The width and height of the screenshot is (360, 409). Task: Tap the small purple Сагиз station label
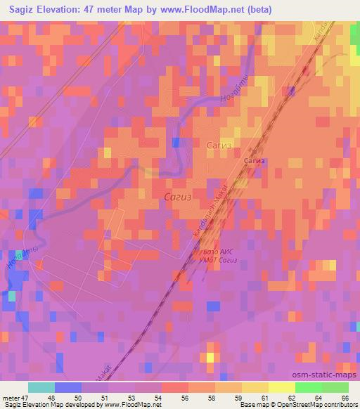tap(255, 161)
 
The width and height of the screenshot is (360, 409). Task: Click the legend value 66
tap(344, 397)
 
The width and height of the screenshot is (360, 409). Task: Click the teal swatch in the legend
tap(41, 387)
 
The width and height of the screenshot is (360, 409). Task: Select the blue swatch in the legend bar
tap(67, 387)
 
